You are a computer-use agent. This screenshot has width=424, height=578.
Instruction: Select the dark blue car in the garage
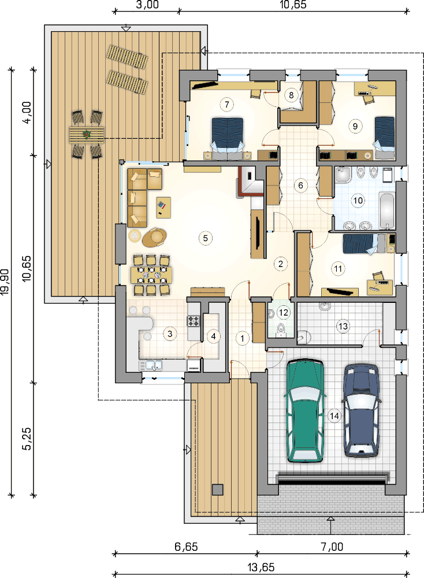point(361,410)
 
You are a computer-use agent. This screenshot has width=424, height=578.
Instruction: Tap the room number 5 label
point(206,238)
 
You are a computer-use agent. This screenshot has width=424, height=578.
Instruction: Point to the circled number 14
point(334,416)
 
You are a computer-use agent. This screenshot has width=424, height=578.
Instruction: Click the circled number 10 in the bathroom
point(358,201)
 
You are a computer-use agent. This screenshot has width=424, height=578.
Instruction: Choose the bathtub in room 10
point(386,210)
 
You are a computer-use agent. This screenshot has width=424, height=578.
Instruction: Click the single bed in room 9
point(385,137)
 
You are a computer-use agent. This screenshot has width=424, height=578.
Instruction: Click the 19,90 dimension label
point(5,282)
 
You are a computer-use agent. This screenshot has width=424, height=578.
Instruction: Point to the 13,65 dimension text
point(261,567)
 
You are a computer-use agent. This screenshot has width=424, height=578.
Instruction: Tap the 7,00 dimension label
point(332,547)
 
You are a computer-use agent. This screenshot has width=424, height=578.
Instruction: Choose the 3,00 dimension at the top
point(147,5)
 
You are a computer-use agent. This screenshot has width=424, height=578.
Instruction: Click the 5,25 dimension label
point(27,439)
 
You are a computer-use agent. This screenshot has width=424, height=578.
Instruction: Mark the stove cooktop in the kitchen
point(194,321)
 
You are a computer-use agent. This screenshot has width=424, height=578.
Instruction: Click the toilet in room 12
point(281,329)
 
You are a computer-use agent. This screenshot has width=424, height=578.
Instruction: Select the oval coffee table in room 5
point(155,237)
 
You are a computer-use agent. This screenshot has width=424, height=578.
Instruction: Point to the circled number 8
point(291,95)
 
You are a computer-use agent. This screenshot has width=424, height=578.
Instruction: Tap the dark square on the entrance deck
point(217,489)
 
